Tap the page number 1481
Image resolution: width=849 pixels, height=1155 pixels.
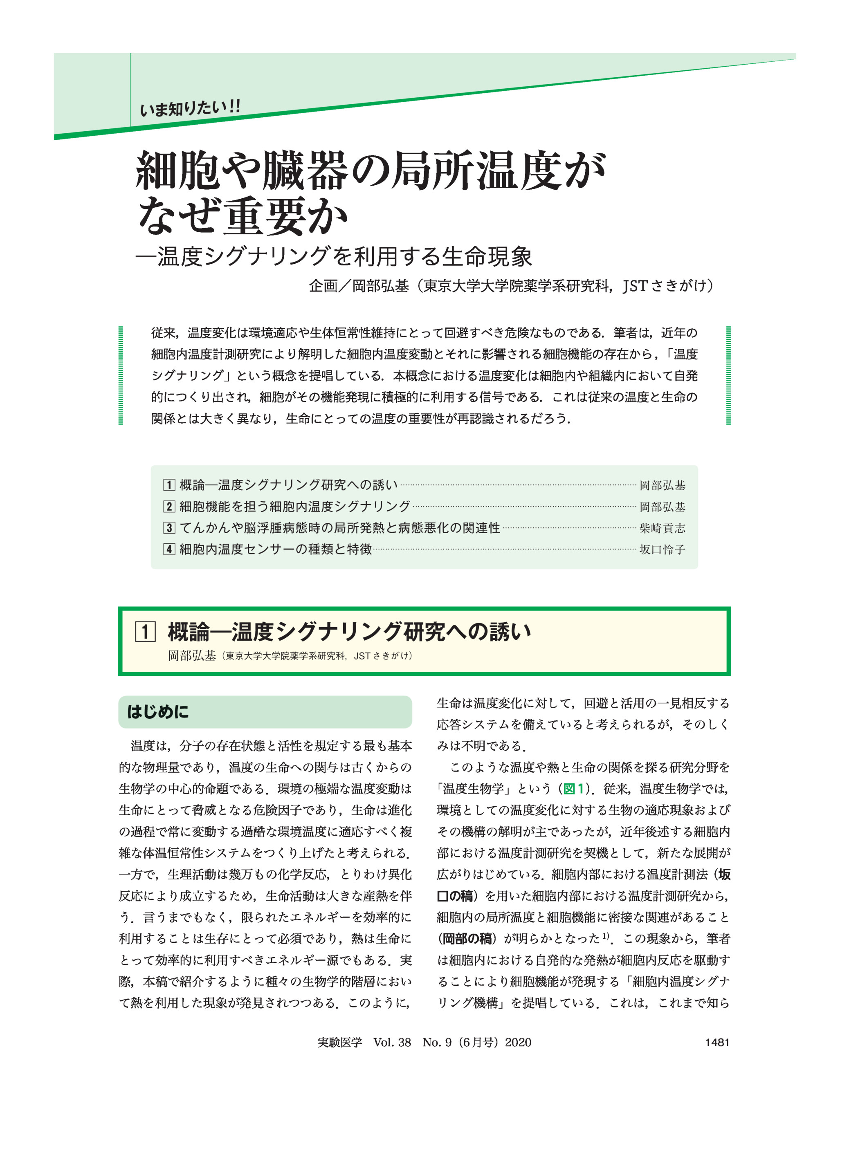pos(717,1042)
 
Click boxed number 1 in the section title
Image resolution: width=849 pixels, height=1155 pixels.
pos(146,632)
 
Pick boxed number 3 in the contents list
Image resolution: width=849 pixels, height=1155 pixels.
pos(169,528)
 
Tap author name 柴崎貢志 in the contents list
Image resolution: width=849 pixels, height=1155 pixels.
pos(662,528)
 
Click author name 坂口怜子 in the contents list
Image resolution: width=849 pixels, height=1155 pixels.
pos(662,549)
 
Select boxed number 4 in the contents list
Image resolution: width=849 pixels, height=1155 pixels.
pos(169,549)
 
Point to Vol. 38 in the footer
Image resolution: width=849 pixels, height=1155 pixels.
pos(392,1042)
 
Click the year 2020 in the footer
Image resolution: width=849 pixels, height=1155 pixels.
pos(518,1042)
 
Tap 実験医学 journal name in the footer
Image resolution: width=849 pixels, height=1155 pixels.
pos(340,1042)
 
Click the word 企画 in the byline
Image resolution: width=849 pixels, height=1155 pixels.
pos(323,286)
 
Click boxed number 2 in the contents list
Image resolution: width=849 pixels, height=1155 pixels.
pos(169,507)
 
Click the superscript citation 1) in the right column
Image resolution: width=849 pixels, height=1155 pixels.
pos(606,935)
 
